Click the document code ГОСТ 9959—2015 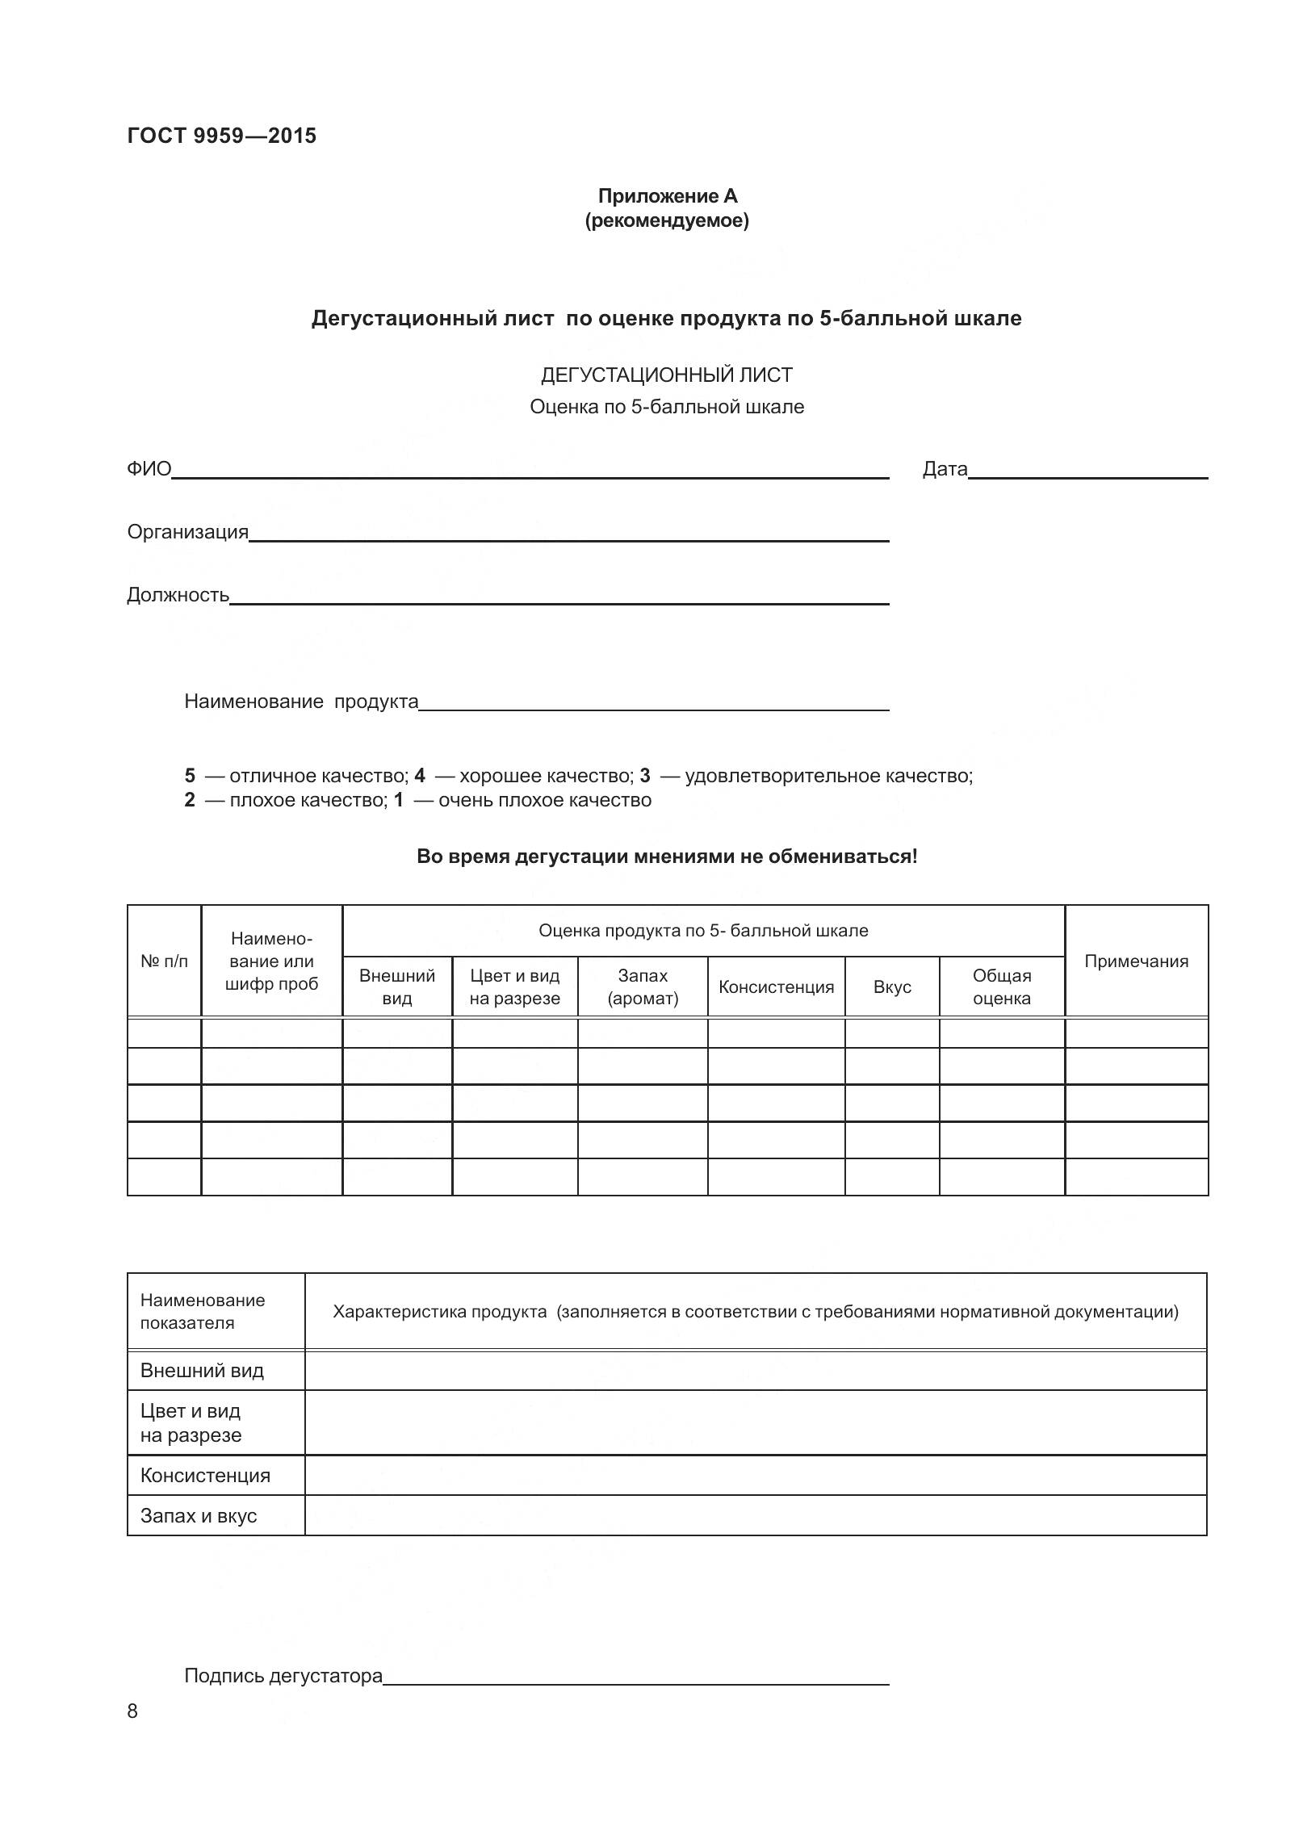[x=221, y=136]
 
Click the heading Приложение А [x=667, y=196]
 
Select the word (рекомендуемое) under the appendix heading [x=667, y=220]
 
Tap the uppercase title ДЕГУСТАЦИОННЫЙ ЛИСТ [x=666, y=375]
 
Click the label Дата [x=945, y=469]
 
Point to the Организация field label [x=187, y=532]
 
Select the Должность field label [x=178, y=595]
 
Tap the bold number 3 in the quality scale [x=644, y=776]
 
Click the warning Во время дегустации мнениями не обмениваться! [x=667, y=857]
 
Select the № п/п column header [x=164, y=961]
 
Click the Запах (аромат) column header [x=643, y=986]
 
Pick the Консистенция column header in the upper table [x=776, y=986]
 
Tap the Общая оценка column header [x=1001, y=986]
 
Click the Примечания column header [x=1136, y=961]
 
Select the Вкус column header [x=892, y=986]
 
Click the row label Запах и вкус [x=199, y=1515]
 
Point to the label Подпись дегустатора [x=283, y=1676]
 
